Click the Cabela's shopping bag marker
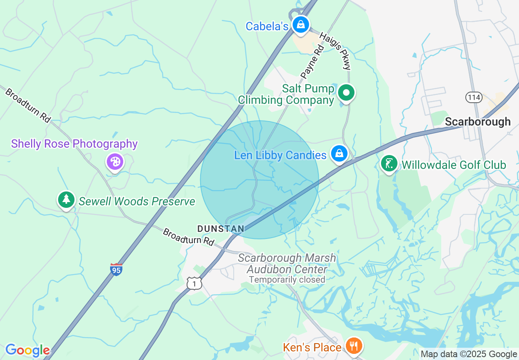click(301, 25)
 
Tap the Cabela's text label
click(267, 27)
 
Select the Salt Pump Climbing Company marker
click(347, 93)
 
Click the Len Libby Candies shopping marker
click(339, 154)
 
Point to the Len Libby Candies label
click(280, 155)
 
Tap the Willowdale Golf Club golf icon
click(389, 164)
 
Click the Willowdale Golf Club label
click(454, 165)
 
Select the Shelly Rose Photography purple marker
click(115, 162)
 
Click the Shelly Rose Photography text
click(74, 144)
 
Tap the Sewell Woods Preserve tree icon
click(65, 200)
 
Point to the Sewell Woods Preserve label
click(137, 202)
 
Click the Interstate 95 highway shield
click(116, 269)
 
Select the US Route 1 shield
click(194, 283)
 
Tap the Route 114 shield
click(474, 97)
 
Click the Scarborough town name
click(478, 122)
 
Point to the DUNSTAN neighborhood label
click(221, 229)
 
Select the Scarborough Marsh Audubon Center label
click(287, 264)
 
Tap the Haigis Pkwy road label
click(335, 51)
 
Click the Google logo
click(27, 350)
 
